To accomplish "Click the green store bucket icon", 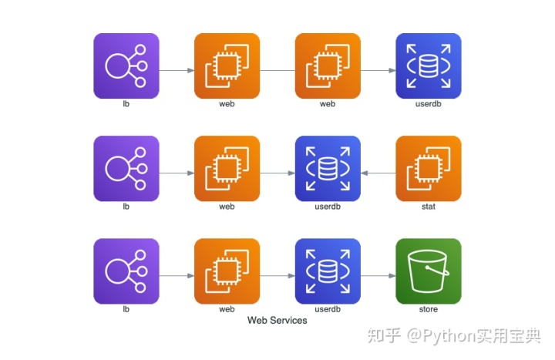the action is click(x=429, y=271).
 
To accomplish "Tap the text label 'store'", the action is click(x=429, y=309).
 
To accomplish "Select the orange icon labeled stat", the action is click(x=429, y=169).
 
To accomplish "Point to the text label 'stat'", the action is click(x=429, y=207).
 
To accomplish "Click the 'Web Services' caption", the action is click(x=277, y=321).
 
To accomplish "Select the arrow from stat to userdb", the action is click(x=378, y=173).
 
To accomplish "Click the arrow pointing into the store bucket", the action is click(x=378, y=276).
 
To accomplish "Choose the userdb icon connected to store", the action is click(x=328, y=271).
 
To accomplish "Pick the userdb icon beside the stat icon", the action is click(x=328, y=169).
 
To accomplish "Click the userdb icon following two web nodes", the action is click(x=429, y=66).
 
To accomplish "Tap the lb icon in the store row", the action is click(x=126, y=271).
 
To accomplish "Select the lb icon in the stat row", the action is click(x=126, y=169).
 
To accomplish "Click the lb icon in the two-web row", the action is click(x=126, y=66).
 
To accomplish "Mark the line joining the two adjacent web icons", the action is click(x=277, y=70).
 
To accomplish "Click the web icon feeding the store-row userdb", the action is click(x=227, y=271).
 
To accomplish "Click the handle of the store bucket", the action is click(x=438, y=271).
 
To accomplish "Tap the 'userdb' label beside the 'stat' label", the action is click(x=328, y=207).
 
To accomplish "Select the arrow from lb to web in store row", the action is click(x=177, y=276).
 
